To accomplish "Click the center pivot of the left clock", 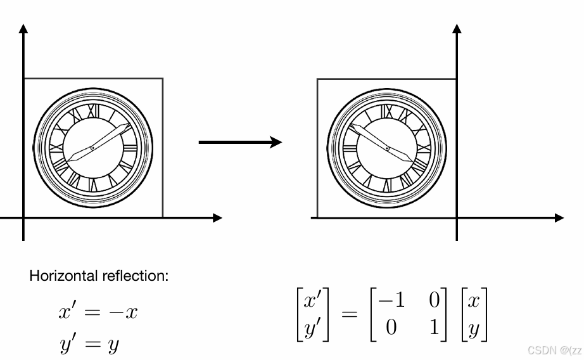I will pyautogui.click(x=92, y=148).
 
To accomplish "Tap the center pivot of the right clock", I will pyautogui.click(x=387, y=148).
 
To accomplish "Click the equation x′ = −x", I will pyautogui.click(x=98, y=312).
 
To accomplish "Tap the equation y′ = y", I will pyautogui.click(x=89, y=344).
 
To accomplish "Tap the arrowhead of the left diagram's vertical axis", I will pyautogui.click(x=23, y=28).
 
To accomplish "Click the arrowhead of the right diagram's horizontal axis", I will pyautogui.click(x=559, y=218).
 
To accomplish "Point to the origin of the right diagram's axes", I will pyautogui.click(x=457, y=218).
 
